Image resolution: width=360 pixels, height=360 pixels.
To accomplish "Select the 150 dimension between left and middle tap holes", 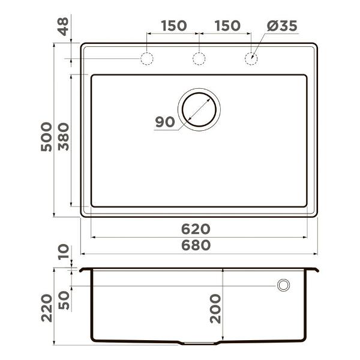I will coord(173,26).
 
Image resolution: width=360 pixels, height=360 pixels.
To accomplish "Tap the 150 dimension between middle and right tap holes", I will coord(227,26).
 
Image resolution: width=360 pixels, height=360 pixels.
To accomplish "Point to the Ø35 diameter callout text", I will coord(281,26).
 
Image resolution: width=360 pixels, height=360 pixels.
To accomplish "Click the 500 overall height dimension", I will coord(47,137).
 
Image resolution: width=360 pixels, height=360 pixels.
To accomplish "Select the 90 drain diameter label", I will coord(164,122).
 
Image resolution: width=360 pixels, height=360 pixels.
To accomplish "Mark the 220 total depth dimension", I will coord(47,308).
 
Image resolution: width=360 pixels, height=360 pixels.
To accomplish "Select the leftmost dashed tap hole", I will coord(146,59).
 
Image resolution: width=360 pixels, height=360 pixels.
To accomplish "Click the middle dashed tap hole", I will coord(199,59).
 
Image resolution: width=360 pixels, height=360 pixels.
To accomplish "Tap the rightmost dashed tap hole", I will coord(251,59).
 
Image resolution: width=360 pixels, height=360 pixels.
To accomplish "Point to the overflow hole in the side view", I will coord(283,285).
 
